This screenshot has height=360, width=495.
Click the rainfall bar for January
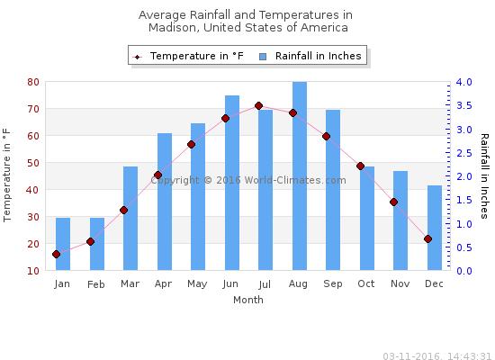[63, 244]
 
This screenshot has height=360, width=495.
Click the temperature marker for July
[258, 106]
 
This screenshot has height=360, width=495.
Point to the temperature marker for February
[90, 241]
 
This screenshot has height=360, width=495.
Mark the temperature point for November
[393, 202]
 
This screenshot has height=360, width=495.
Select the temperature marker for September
[326, 137]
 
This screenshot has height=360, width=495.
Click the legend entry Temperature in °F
[189, 56]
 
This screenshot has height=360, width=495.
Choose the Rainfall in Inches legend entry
[311, 56]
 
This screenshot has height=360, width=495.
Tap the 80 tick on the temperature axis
[32, 82]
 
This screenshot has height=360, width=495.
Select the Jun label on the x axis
[231, 284]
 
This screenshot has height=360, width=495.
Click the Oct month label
[366, 284]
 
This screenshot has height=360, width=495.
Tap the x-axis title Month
[247, 301]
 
